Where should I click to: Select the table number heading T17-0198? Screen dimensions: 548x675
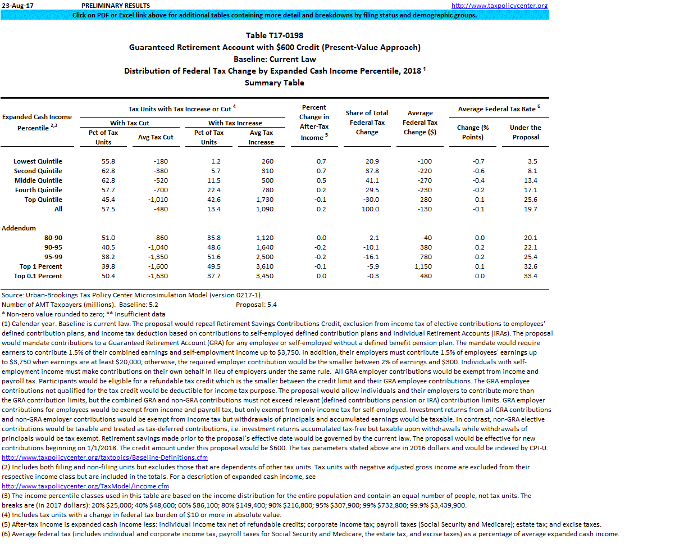(x=275, y=35)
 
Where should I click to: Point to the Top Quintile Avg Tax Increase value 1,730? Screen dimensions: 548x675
(x=261, y=200)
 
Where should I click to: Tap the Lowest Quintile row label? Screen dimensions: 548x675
(x=38, y=161)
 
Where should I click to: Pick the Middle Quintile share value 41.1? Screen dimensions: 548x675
(x=372, y=180)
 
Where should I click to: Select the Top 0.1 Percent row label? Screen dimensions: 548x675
(x=38, y=276)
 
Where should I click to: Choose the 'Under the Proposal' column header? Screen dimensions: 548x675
(x=525, y=132)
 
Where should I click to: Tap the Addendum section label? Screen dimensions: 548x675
(x=19, y=228)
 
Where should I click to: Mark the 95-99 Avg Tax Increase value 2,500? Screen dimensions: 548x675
(x=261, y=257)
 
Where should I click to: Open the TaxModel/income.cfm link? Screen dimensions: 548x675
(x=85, y=486)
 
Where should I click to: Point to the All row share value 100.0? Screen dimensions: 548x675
(x=371, y=209)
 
